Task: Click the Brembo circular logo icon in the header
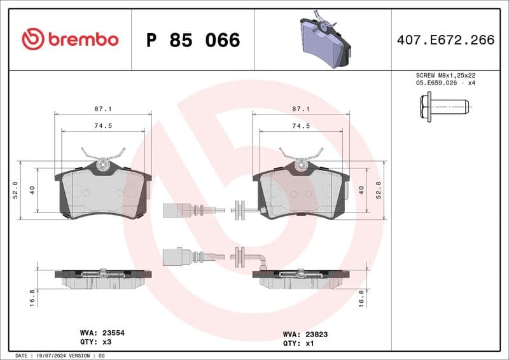(x=32, y=39)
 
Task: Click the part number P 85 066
(x=193, y=41)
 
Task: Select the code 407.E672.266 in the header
(x=445, y=40)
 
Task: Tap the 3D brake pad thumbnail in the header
(x=324, y=40)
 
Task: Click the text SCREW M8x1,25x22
(x=444, y=75)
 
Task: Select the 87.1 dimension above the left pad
(x=102, y=109)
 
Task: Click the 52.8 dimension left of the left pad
(x=15, y=190)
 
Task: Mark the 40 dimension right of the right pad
(x=361, y=190)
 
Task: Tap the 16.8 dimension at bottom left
(x=32, y=297)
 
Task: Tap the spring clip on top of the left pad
(x=102, y=156)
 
